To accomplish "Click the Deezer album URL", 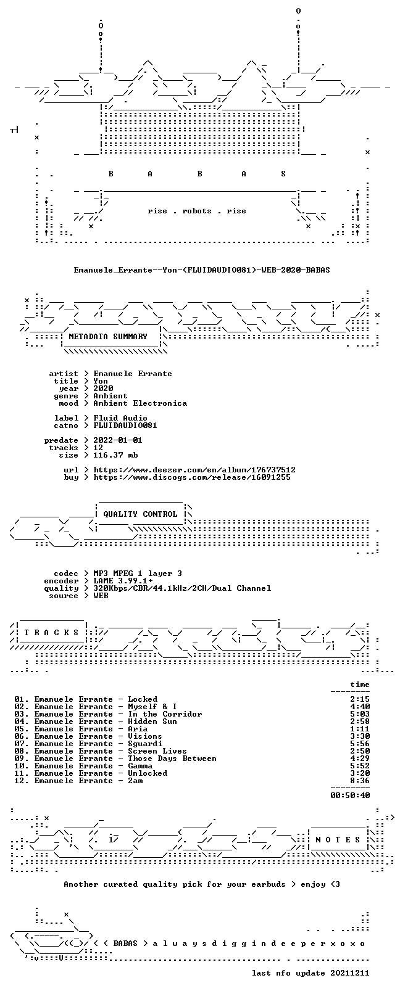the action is pos(194,470).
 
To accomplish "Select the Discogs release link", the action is pos(192,477).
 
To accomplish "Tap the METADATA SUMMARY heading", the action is pos(108,337).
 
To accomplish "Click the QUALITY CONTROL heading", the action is pos(140,514).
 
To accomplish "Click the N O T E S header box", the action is pos(338,840).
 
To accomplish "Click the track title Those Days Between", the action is pos(172,758).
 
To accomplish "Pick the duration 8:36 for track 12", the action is pos(360,781).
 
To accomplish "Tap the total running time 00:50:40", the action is pos(350,795).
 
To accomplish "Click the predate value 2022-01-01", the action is pos(118,440).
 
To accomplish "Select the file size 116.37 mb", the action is pos(115,455).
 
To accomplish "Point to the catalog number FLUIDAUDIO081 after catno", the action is pos(125,425).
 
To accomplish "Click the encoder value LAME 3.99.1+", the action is pos(123,581).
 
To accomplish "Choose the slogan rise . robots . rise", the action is pos(197,211).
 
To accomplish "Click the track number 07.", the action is pos(20,744).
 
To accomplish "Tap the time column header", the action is pos(360,684).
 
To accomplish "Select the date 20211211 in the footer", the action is pos(350,973).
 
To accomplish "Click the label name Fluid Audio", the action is pos(120,418).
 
